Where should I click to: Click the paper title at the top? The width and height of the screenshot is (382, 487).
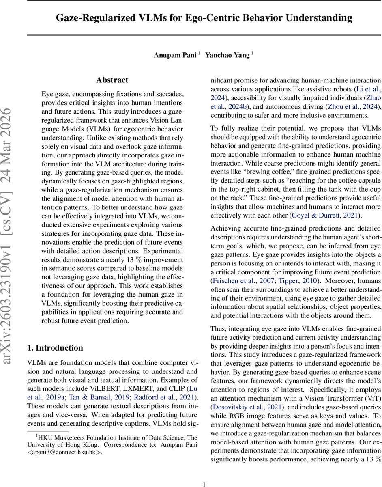204,18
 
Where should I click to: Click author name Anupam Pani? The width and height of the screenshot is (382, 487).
175,56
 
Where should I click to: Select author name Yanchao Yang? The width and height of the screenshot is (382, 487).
227,56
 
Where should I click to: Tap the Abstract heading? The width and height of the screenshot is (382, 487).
112,80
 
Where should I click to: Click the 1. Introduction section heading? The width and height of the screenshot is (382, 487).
55,348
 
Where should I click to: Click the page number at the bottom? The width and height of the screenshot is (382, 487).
204,472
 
